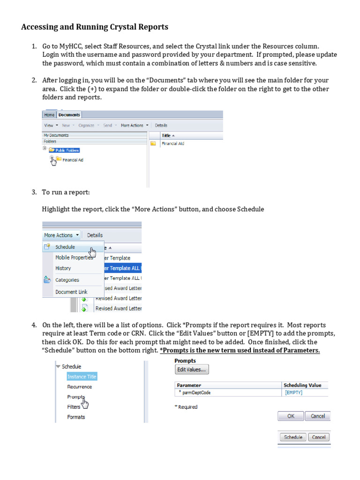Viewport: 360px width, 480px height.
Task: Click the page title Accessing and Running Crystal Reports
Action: pyautogui.click(x=94, y=27)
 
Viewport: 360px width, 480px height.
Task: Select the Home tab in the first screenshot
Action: pyautogui.click(x=49, y=115)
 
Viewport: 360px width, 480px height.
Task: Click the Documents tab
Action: pyautogui.click(x=69, y=115)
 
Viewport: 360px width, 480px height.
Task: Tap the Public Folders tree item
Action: pyautogui.click(x=67, y=150)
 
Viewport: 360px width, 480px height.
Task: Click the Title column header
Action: pyautogui.click(x=166, y=135)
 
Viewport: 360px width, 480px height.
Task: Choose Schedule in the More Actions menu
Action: pyautogui.click(x=65, y=247)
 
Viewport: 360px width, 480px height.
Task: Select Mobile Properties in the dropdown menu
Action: pyautogui.click(x=74, y=258)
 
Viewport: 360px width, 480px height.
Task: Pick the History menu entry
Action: pyautogui.click(x=63, y=268)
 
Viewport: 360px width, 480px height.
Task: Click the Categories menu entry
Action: pyautogui.click(x=67, y=280)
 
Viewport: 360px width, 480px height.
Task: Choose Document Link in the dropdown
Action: pyautogui.click(x=71, y=292)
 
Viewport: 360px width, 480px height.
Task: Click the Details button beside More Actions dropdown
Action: pyautogui.click(x=95, y=235)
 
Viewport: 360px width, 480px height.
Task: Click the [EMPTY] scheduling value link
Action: pyautogui.click(x=293, y=393)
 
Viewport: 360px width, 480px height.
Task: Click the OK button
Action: pyautogui.click(x=291, y=416)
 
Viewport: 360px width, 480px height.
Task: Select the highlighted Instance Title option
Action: pyautogui.click(x=82, y=376)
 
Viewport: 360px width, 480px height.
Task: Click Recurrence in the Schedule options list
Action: pyautogui.click(x=79, y=387)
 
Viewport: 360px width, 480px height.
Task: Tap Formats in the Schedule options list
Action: pyautogui.click(x=76, y=417)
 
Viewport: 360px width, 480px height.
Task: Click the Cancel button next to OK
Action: pyautogui.click(x=317, y=416)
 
